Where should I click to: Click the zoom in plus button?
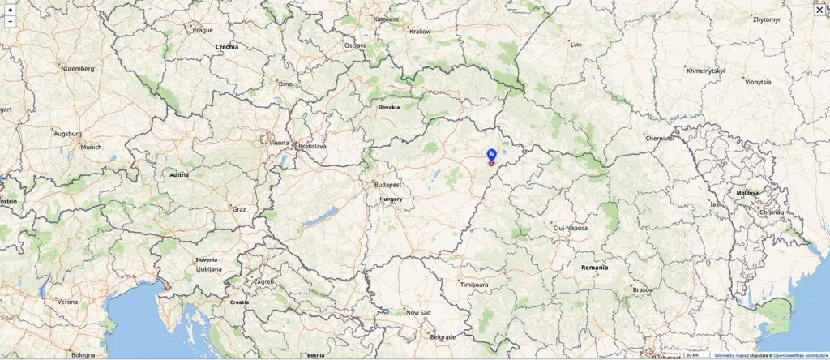(10, 10)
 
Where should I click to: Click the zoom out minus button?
(10, 22)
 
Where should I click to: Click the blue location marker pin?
(491, 154)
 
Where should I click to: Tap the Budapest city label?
(387, 185)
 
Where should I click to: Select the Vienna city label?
(279, 143)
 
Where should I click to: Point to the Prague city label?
(203, 30)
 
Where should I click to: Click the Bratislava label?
(312, 147)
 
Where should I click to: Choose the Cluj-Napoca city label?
(570, 228)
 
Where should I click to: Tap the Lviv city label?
(576, 45)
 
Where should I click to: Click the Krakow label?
(420, 32)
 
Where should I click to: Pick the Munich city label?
(91, 148)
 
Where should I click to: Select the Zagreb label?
(264, 281)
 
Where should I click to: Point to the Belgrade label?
(443, 336)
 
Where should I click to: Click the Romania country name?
(594, 267)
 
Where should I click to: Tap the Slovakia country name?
(388, 107)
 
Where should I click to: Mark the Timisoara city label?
(474, 285)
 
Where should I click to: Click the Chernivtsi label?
(660, 139)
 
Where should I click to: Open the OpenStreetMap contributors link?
(800, 355)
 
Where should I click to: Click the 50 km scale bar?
(694, 355)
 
